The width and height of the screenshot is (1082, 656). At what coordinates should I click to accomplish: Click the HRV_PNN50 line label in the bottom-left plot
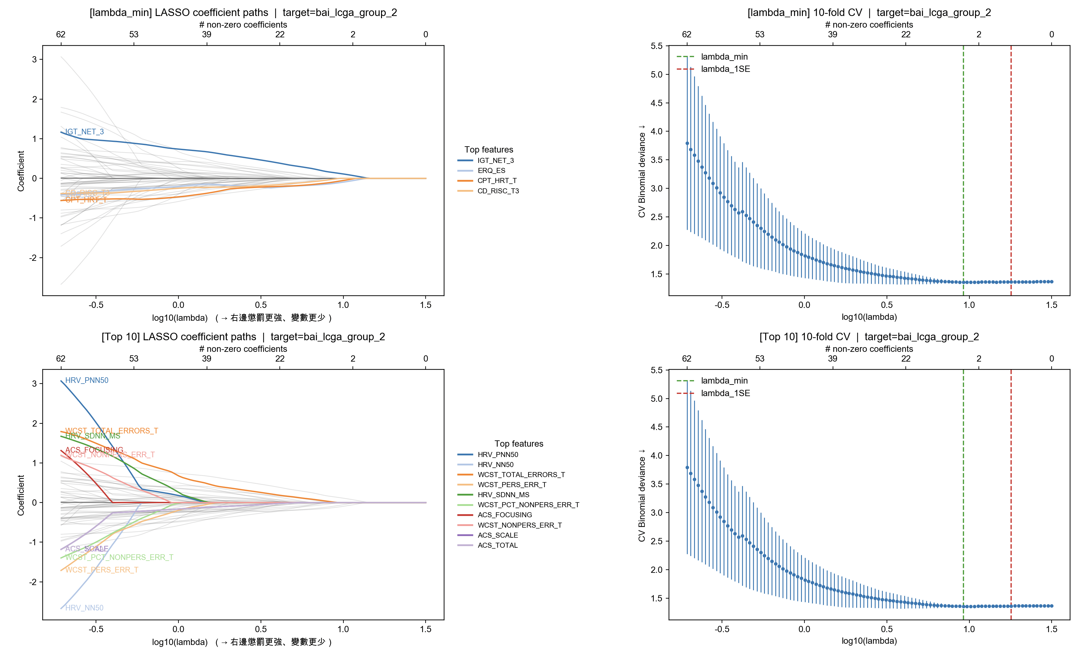point(87,380)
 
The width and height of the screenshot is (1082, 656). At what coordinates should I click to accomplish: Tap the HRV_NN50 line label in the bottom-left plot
point(84,608)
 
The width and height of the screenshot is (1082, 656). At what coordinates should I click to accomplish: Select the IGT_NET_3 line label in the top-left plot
point(84,132)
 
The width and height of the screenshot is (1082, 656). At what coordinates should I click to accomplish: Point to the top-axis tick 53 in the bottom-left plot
point(134,358)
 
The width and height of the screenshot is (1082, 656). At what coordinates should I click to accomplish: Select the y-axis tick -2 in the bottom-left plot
point(33,582)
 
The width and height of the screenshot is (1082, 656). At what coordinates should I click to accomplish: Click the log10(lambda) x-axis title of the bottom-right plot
point(869,641)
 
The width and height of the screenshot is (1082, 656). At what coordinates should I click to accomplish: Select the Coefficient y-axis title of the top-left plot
point(21,171)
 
